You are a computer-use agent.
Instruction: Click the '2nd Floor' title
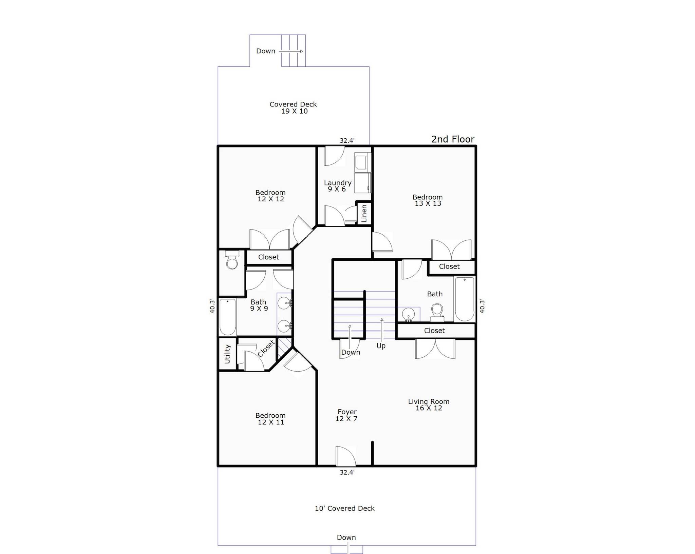coord(453,139)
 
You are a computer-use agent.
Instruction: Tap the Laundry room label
coord(338,183)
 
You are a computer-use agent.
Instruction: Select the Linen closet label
coord(364,213)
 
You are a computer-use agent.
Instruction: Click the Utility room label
coord(227,354)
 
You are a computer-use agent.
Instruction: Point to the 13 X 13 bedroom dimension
coord(428,203)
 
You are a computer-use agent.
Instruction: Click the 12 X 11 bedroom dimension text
coord(271,422)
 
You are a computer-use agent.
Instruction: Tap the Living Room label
coord(429,401)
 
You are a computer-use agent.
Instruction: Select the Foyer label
coord(347,412)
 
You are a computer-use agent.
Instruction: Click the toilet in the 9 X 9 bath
coord(232,260)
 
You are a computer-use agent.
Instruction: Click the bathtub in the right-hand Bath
coord(465,299)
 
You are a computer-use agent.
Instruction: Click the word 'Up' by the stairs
coord(381,346)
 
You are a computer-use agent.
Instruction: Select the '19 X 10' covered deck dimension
coord(295,111)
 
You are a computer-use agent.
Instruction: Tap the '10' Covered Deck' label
coord(345,508)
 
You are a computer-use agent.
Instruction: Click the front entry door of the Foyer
coord(345,456)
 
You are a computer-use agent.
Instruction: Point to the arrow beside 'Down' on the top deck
coord(291,52)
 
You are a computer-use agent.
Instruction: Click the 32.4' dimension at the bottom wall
coord(347,472)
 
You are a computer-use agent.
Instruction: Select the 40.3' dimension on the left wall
coord(212,306)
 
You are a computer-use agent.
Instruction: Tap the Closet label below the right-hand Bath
coord(434,331)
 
